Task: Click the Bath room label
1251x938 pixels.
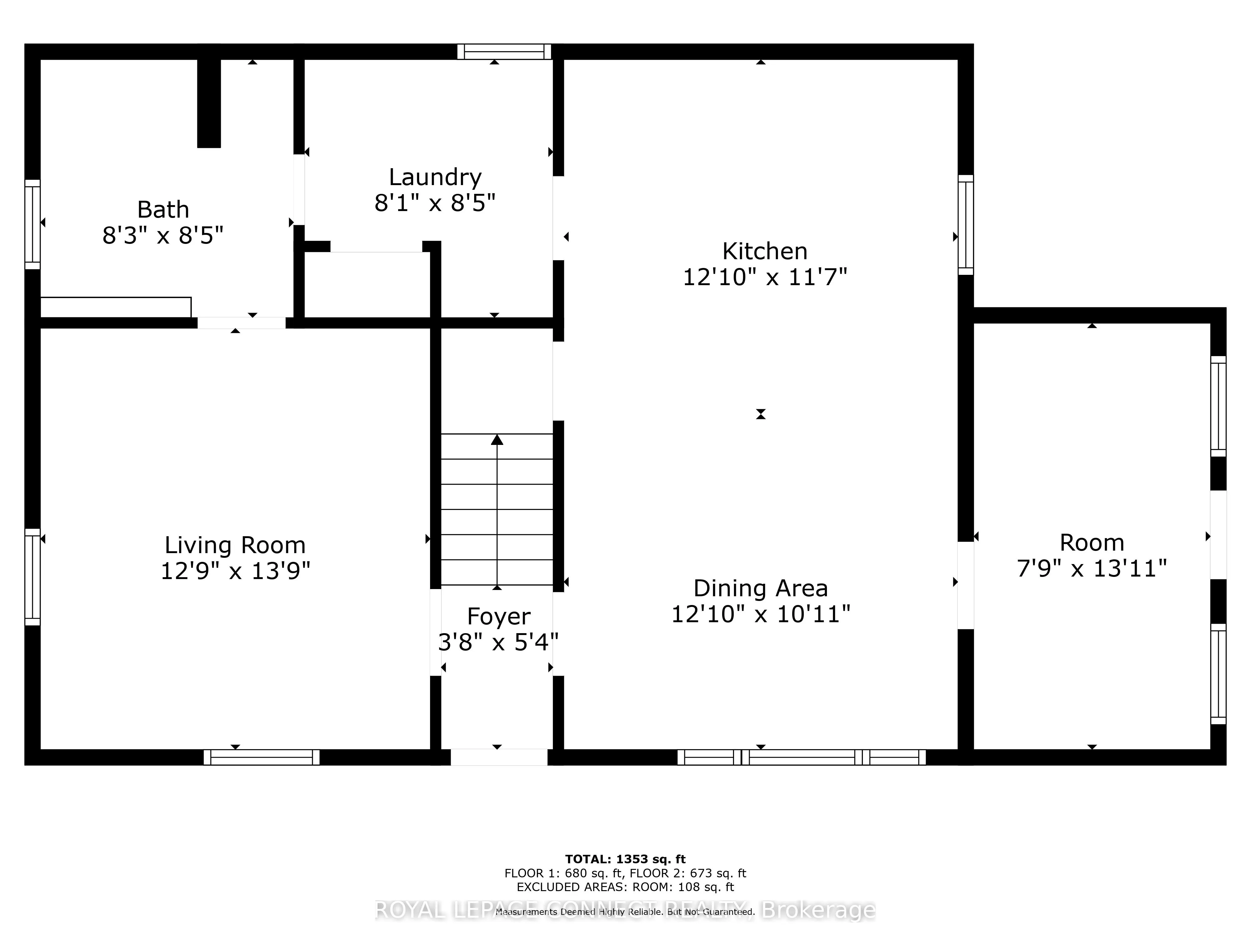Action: [x=163, y=210]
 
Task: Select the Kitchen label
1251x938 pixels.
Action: [x=765, y=251]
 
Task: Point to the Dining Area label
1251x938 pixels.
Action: [x=761, y=588]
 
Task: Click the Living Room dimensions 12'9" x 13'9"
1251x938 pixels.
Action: [x=235, y=571]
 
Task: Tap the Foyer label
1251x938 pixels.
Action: [x=498, y=616]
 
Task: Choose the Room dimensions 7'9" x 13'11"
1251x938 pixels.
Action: [x=1091, y=568]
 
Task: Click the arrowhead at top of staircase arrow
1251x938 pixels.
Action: [x=497, y=440]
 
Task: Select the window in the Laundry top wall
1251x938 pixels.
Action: [x=504, y=52]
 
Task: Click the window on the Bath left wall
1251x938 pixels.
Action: [x=33, y=224]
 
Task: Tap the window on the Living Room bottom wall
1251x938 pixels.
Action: [x=261, y=757]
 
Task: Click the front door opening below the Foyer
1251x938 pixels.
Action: [x=499, y=757]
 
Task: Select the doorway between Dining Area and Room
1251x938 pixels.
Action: [x=965, y=585]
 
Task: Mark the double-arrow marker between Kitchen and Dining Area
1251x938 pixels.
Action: [x=761, y=414]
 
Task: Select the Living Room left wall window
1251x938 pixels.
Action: [x=33, y=577]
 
